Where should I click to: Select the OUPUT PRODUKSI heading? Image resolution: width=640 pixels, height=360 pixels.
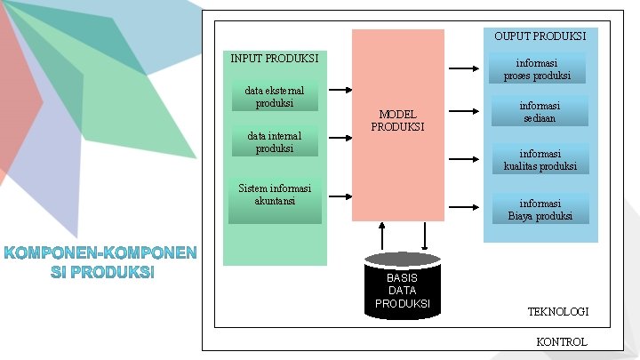[540, 36]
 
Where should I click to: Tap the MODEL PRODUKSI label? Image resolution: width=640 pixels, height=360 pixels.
[397, 120]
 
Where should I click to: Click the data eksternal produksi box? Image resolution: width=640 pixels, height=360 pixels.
[275, 96]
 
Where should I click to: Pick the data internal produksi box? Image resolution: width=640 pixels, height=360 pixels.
[275, 142]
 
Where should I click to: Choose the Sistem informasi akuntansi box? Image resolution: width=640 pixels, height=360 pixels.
[275, 195]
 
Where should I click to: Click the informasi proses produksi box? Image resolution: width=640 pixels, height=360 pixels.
[537, 69]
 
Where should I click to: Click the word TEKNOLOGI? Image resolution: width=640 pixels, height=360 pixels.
[558, 312]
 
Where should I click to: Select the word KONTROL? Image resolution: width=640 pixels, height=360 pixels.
[562, 342]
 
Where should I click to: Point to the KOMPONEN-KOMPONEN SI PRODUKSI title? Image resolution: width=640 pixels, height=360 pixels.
[100, 261]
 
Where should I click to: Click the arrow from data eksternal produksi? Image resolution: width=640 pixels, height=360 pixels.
[339, 89]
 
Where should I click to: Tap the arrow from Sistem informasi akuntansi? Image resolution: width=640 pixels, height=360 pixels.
[339, 193]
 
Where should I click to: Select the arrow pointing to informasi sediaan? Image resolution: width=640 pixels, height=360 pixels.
[463, 112]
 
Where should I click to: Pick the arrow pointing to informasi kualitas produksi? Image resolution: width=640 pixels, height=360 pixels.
[463, 160]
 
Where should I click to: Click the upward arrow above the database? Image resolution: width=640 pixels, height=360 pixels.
[382, 236]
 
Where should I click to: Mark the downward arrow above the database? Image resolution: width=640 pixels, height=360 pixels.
[424, 236]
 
